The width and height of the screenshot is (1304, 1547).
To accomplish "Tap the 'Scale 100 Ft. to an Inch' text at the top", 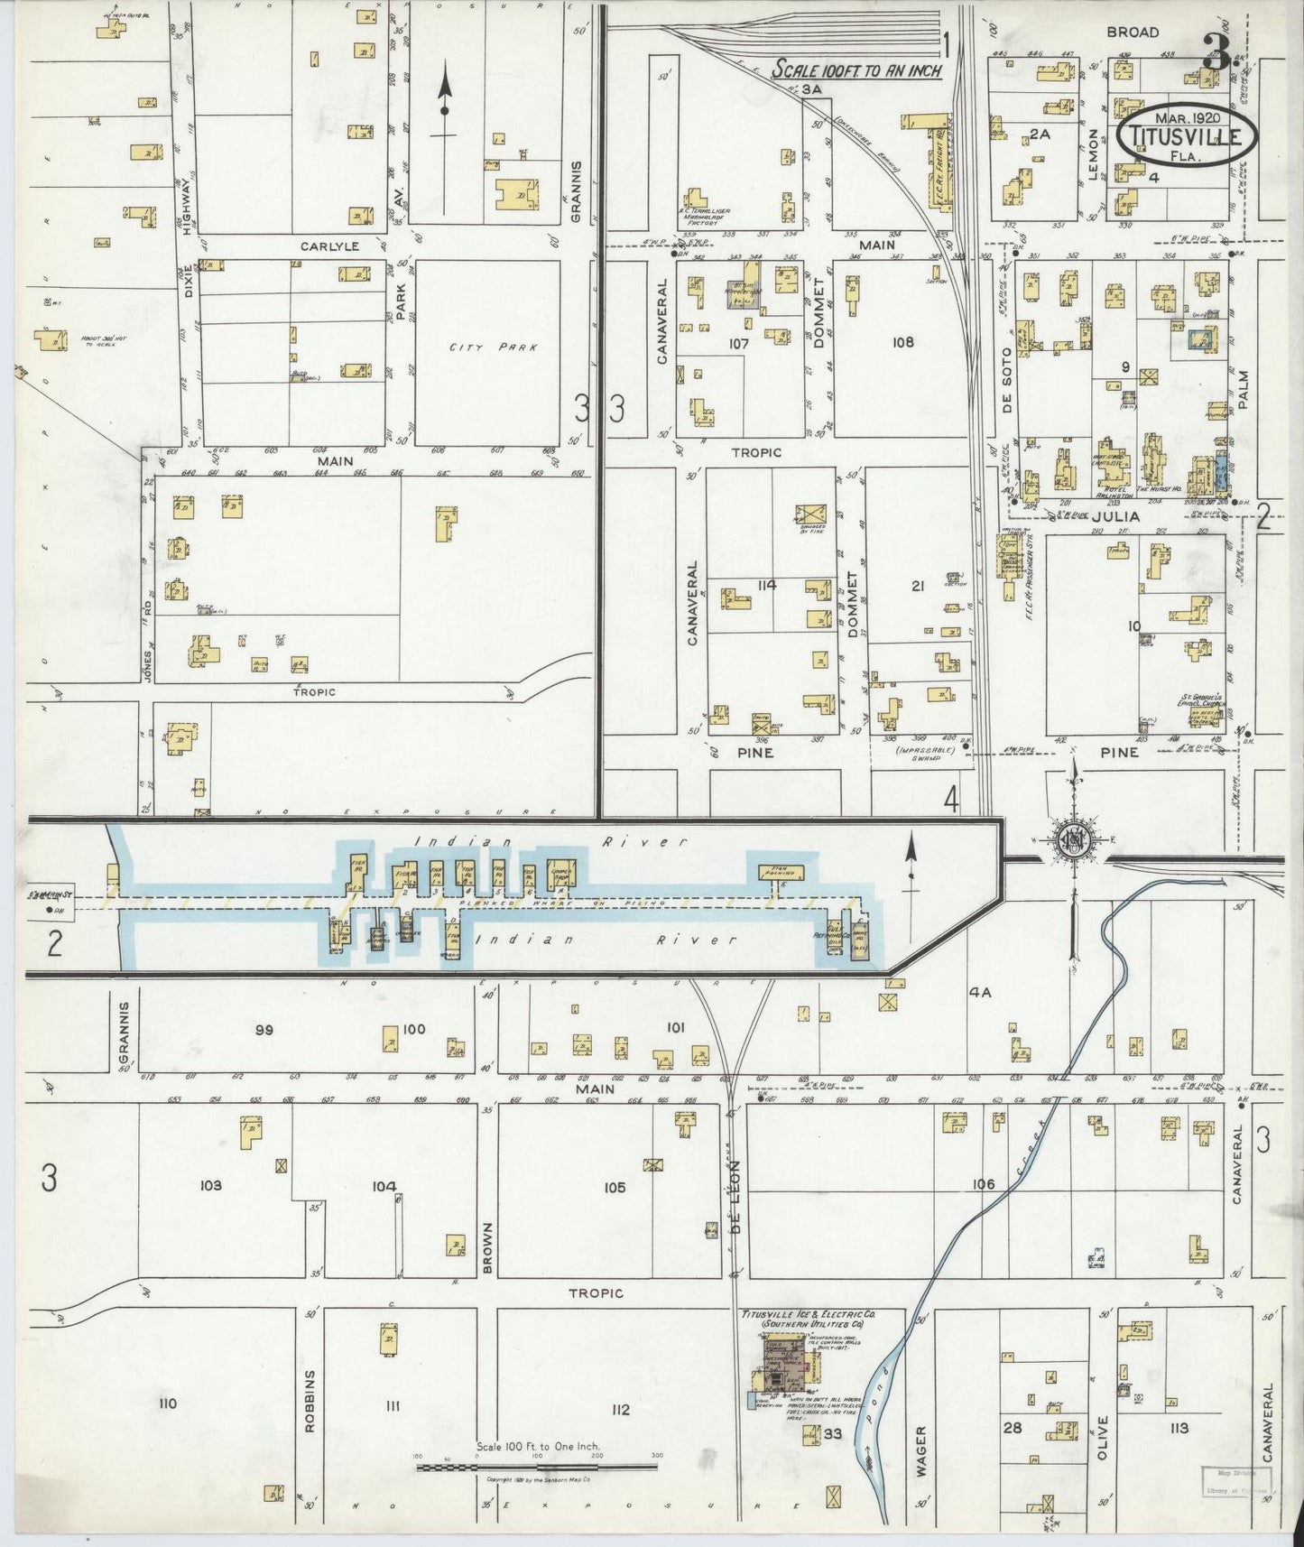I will [856, 70].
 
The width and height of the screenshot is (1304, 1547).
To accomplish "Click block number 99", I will [264, 1030].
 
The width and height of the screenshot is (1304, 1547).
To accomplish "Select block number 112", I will [618, 1410].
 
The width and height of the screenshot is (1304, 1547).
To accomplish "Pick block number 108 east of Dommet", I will [902, 342].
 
